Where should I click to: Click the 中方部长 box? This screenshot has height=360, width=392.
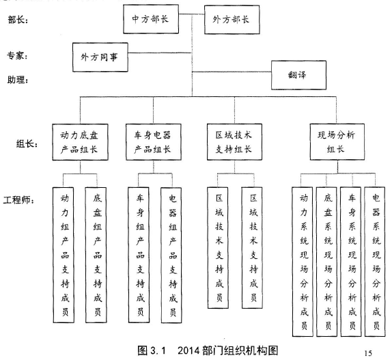pos(151,19)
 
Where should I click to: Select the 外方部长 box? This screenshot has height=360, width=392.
pos(232,20)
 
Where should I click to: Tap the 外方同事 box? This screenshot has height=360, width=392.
pos(100,57)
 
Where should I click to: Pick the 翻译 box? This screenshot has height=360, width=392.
pos(298,75)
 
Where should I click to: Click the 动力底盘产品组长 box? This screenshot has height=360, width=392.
pos(80,142)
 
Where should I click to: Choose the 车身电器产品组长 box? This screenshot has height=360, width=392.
pos(154,142)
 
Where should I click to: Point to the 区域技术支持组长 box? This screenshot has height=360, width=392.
pos(234,142)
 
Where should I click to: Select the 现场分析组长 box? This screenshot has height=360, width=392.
pos(337,142)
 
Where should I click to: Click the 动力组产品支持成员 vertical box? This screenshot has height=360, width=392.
pos(64,255)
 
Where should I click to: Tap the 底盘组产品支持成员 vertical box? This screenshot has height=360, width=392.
pos(96,255)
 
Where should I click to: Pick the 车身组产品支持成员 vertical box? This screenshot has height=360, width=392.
pos(139,255)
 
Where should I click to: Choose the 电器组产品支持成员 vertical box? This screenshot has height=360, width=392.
pos(171,255)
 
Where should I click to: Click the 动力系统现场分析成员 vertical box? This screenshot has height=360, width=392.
pos(303,262)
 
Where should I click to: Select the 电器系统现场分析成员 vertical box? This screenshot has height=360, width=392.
pos(375,262)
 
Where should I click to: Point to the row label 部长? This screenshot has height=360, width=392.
pos(18,20)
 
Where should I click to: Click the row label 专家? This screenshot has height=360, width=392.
pos(17,56)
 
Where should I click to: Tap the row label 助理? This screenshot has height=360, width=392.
pos(18,80)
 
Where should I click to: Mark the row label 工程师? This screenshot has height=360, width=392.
pos(18,200)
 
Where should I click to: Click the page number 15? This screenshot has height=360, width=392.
pos(368,353)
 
